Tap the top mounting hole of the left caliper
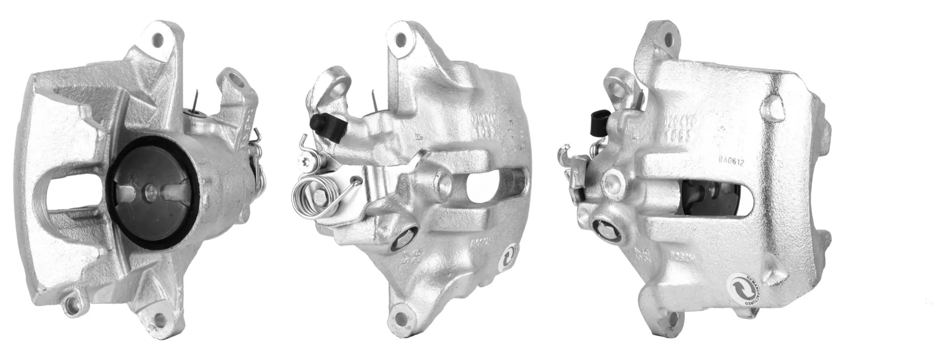[158, 39]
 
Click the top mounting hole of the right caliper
[669, 39]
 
